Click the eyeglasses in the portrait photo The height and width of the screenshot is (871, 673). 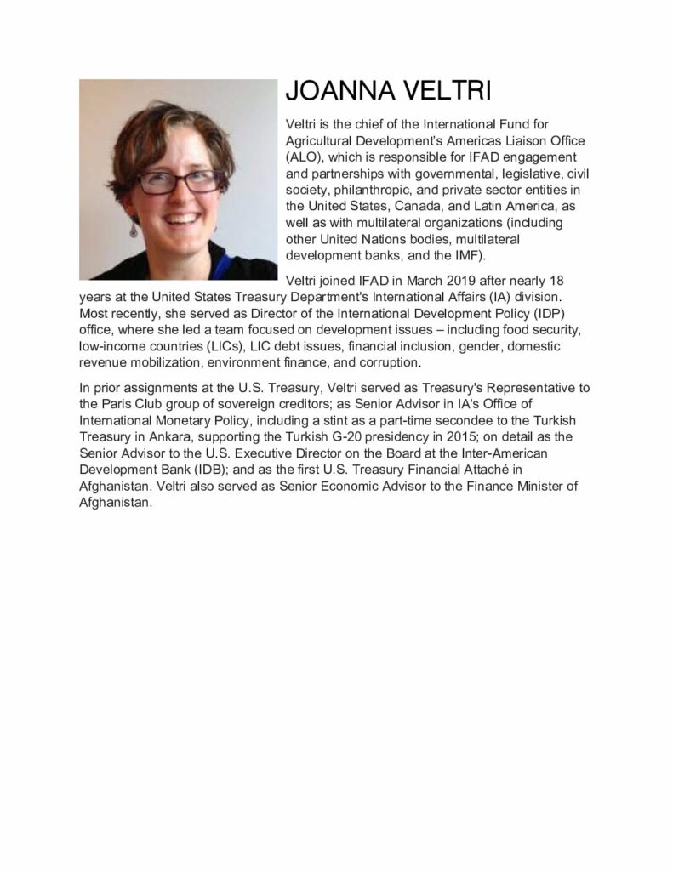178,179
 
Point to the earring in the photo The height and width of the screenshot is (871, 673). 134,230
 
